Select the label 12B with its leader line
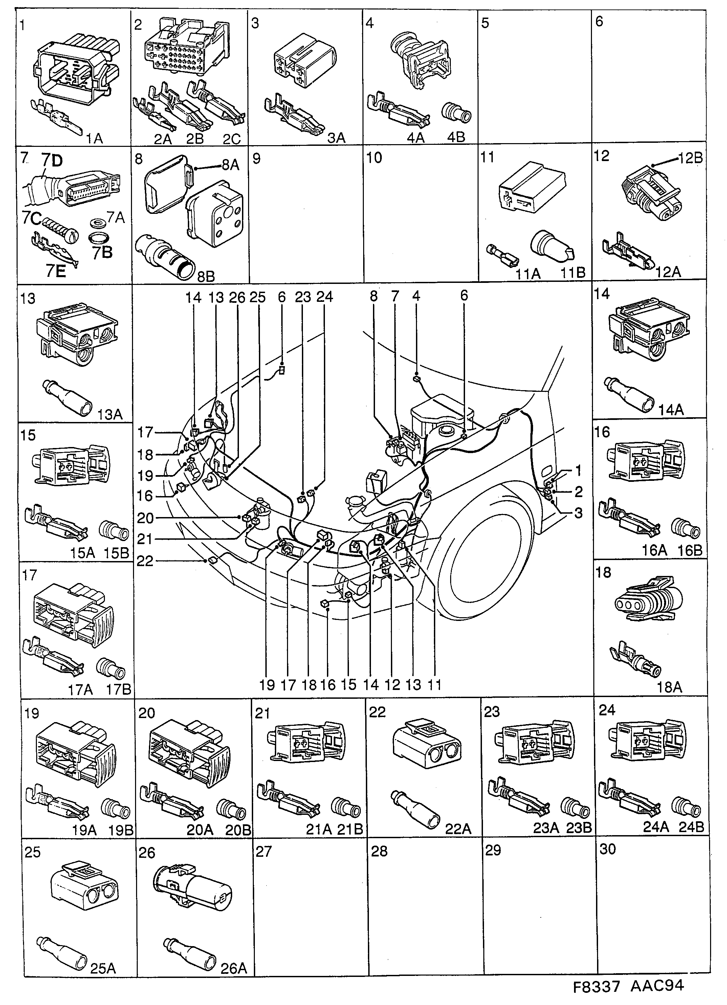pos(690,158)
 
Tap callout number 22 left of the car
pos(145,561)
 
